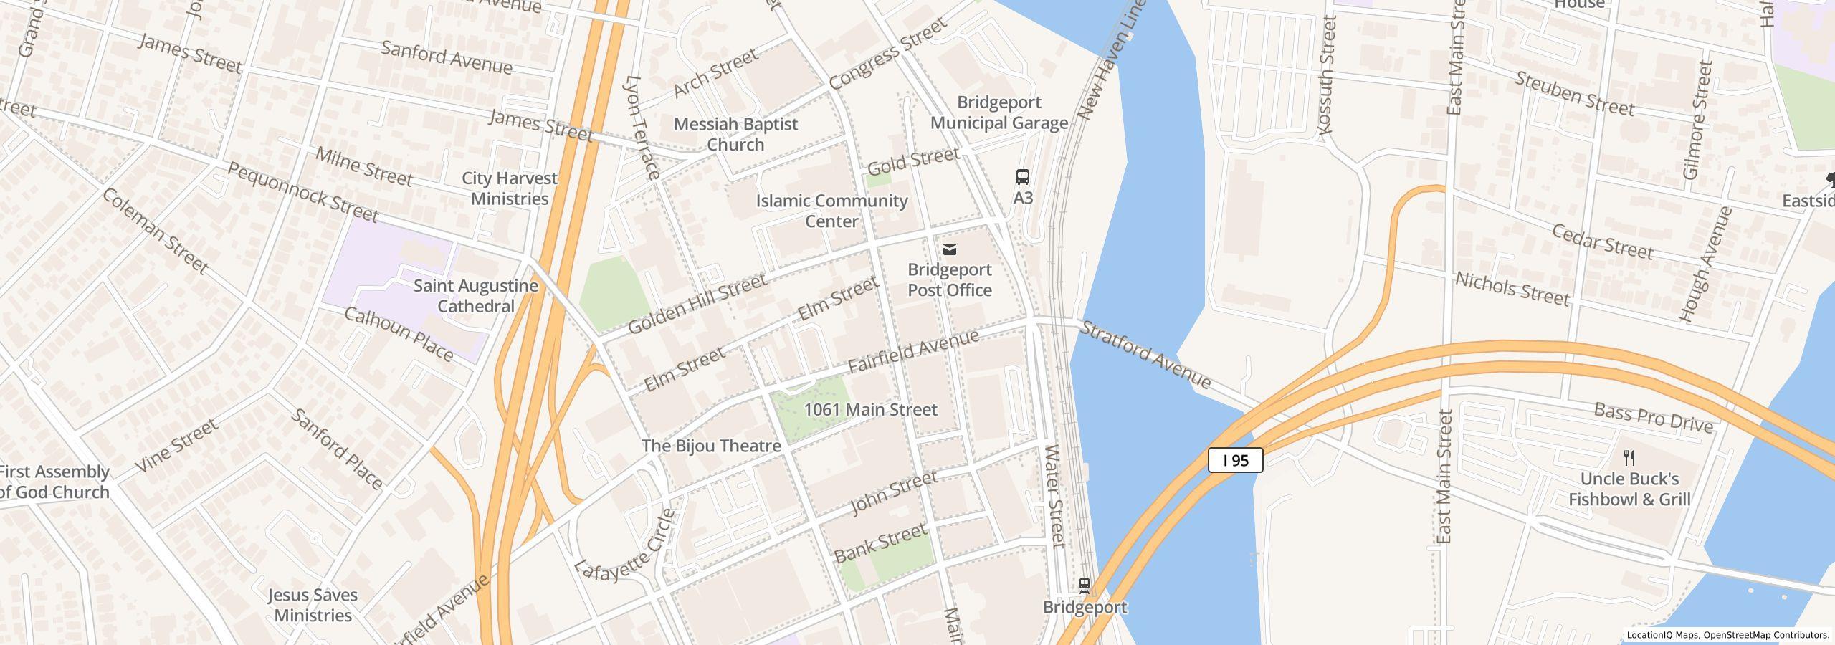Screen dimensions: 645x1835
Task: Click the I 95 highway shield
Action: [x=1235, y=460]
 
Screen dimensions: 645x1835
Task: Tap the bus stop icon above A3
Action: [x=1023, y=176]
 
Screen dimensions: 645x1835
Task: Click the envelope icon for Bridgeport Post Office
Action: [x=950, y=249]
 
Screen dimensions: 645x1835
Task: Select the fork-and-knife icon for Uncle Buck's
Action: [x=1629, y=457]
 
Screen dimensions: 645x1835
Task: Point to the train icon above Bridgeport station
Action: [x=1085, y=586]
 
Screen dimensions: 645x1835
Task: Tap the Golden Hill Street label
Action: [x=697, y=304]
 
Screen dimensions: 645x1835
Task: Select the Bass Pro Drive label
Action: [x=1653, y=418]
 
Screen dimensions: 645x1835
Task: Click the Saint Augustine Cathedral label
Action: [x=476, y=296]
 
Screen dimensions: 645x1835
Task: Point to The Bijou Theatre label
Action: [x=711, y=446]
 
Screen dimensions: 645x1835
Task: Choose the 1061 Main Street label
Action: [x=870, y=409]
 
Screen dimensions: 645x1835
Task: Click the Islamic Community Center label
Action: [x=831, y=211]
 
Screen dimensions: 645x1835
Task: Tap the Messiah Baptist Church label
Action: [x=735, y=134]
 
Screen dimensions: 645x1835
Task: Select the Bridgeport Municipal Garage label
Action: [x=999, y=113]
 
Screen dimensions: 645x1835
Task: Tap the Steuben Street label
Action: [x=1574, y=94]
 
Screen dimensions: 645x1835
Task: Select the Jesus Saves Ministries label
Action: [x=313, y=605]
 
